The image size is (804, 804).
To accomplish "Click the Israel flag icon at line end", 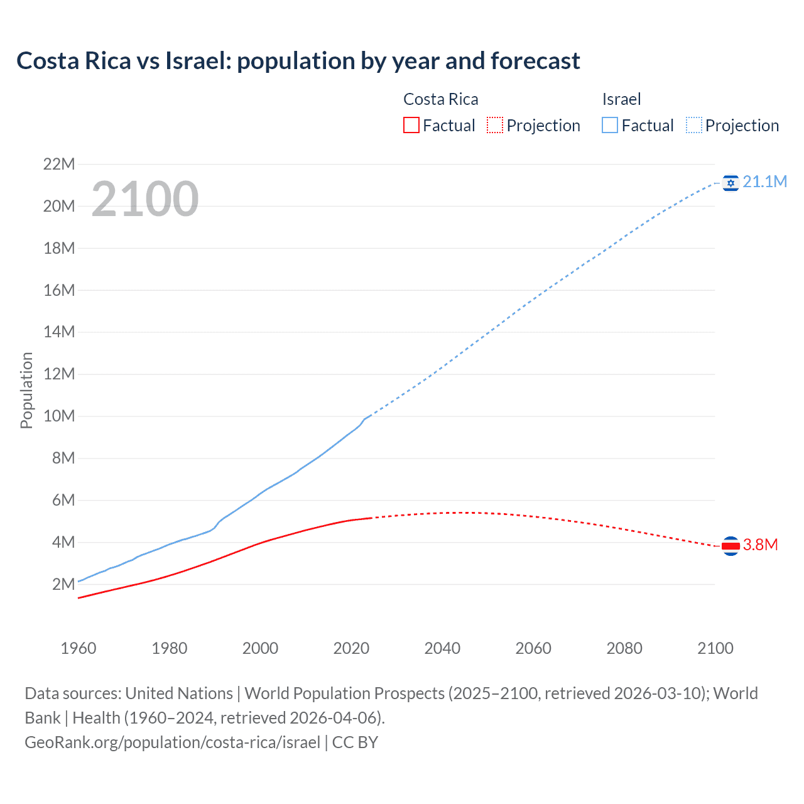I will (x=731, y=183).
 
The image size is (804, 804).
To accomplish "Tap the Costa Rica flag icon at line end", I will (x=731, y=546).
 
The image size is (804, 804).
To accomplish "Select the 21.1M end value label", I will (x=764, y=182).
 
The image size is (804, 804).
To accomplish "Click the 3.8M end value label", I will (x=760, y=545).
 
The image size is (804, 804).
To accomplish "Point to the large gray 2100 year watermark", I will (x=145, y=199).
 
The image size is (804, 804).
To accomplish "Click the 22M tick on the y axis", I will (x=59, y=165).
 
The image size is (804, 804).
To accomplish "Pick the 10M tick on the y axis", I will (x=59, y=416).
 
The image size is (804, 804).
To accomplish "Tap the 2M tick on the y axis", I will (x=63, y=584).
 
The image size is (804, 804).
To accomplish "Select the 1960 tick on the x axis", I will (x=79, y=648).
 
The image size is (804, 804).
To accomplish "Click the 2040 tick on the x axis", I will (x=442, y=648).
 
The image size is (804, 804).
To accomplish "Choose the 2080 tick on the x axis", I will (x=624, y=648).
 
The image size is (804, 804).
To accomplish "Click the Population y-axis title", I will (x=26, y=390).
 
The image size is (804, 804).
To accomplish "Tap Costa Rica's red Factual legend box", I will (x=411, y=125).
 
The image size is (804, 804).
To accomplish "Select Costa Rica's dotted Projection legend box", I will (x=495, y=125).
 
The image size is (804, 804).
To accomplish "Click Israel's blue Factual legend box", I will (x=609, y=125).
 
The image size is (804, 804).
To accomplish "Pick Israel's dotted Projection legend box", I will (x=694, y=125).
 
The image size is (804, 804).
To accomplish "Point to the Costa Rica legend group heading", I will (x=440, y=99).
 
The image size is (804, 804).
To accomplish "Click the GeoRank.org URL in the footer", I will (x=173, y=742).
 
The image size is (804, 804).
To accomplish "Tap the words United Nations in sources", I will (x=179, y=693).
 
